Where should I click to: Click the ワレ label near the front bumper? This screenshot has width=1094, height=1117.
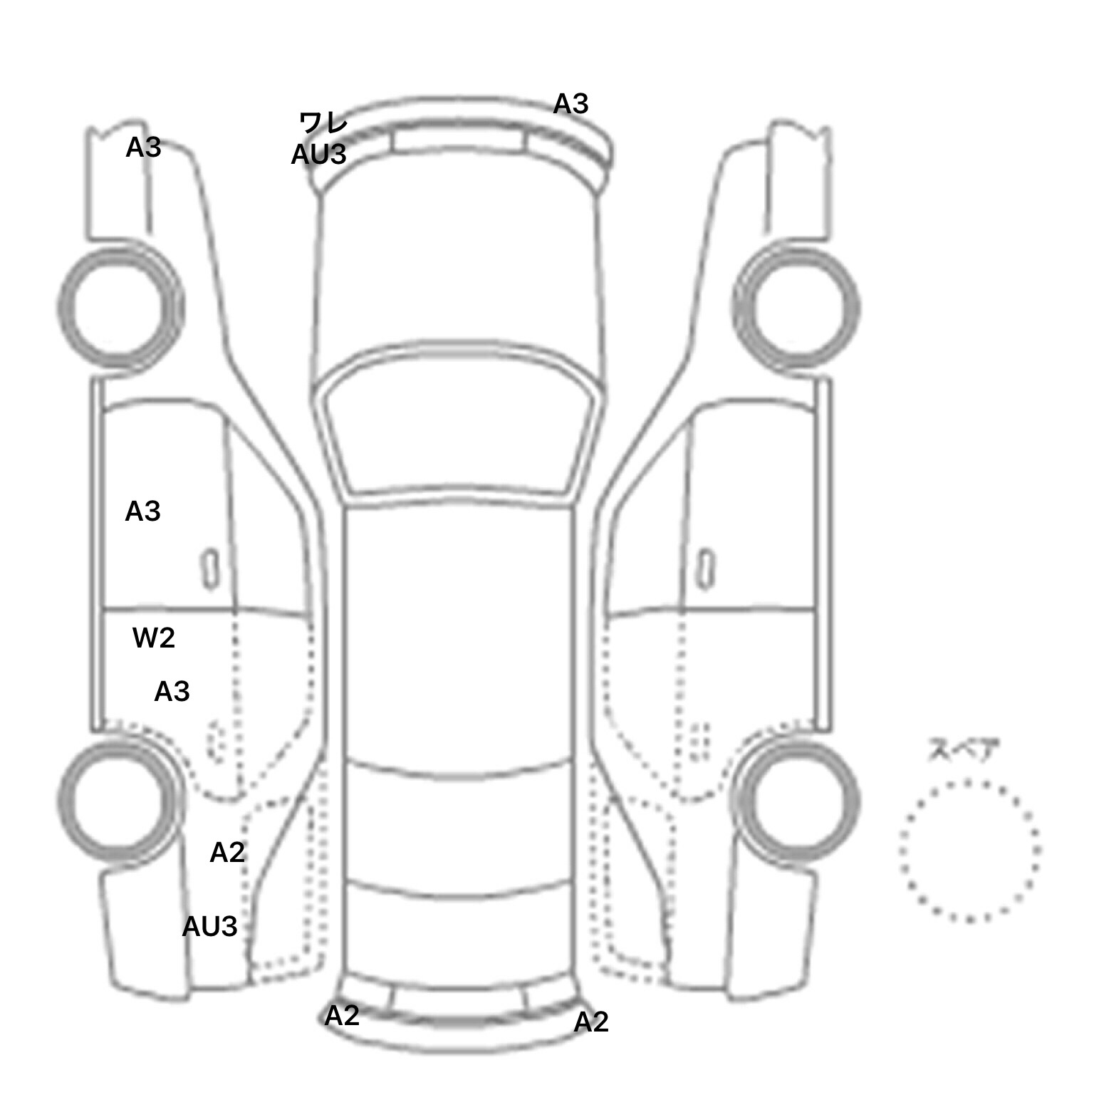tap(323, 123)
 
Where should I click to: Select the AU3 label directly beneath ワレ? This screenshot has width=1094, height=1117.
tap(318, 155)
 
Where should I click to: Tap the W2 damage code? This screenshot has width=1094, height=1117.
tap(154, 638)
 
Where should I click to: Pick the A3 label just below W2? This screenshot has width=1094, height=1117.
tap(172, 691)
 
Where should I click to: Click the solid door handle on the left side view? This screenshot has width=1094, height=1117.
tap(210, 569)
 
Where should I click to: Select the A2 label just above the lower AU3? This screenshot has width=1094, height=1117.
tap(227, 852)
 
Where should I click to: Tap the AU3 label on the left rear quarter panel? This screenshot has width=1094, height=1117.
tap(209, 927)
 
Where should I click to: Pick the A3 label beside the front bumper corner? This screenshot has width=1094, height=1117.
tap(571, 104)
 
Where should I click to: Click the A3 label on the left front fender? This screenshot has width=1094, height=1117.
tap(143, 147)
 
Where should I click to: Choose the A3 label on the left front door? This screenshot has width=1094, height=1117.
tap(142, 511)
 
